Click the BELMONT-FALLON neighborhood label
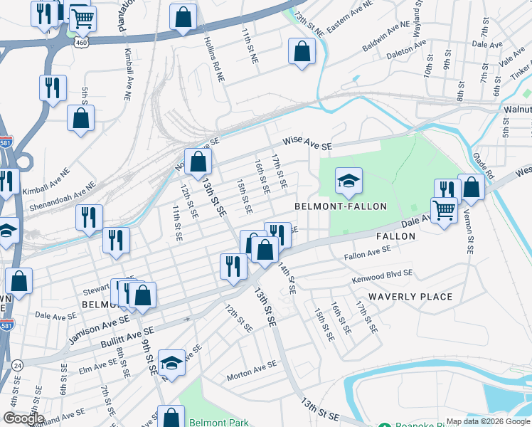tap(341, 206)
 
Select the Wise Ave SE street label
tap(307, 143)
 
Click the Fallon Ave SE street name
tap(367, 251)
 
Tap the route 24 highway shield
tap(18, 365)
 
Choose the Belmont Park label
tap(219, 422)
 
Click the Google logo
tap(23, 418)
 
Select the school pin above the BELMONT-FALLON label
tap(349, 182)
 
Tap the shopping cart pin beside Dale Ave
tap(444, 211)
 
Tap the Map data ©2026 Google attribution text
tap(487, 421)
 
